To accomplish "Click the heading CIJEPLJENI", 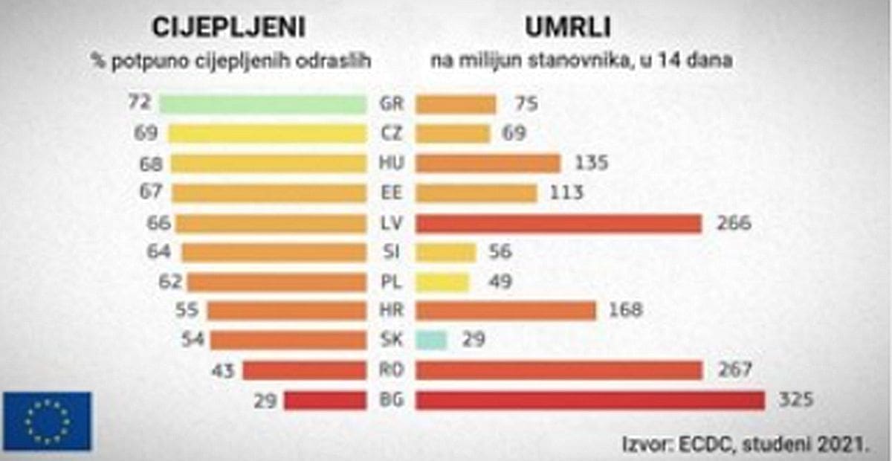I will (228, 28).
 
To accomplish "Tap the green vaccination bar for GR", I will (262, 104).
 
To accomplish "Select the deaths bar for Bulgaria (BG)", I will (589, 400).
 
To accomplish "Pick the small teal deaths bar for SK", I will (431, 341).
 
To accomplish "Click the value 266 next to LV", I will (734, 223).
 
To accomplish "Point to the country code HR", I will (390, 311).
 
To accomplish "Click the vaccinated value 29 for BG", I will (264, 400).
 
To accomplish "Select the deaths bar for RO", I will (559, 370).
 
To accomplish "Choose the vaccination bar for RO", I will (305, 370).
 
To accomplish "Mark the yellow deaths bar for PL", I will (442, 282).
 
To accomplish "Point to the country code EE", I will (390, 193).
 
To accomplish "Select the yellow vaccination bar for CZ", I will (267, 134).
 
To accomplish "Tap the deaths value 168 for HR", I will (626, 311).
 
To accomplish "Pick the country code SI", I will (390, 252).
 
